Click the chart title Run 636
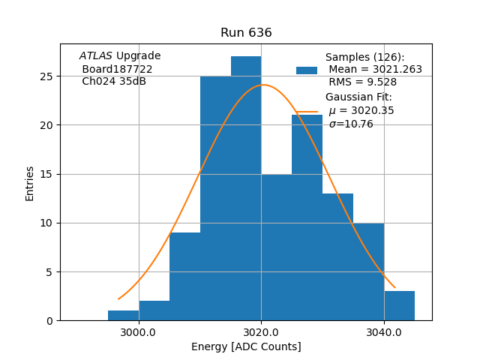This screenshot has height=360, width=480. pyautogui.click(x=246, y=33)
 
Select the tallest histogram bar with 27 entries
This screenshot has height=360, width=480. pyautogui.click(x=246, y=187)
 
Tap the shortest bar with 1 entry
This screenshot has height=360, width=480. pyautogui.click(x=123, y=316)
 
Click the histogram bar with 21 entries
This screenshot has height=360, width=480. pyautogui.click(x=307, y=217)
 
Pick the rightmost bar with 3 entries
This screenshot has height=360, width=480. pyautogui.click(x=399, y=306)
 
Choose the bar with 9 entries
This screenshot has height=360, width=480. pyautogui.click(x=184, y=276)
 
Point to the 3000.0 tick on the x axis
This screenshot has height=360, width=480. pyautogui.click(x=138, y=332)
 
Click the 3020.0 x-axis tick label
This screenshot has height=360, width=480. pyautogui.click(x=261, y=332)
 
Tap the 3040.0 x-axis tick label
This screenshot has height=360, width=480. pyautogui.click(x=383, y=332)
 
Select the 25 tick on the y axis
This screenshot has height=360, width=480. pyautogui.click(x=46, y=76)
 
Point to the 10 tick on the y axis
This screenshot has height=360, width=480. pyautogui.click(x=46, y=223)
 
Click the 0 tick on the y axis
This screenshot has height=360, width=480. pyautogui.click(x=49, y=321)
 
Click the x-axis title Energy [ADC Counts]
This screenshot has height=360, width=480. pyautogui.click(x=246, y=346)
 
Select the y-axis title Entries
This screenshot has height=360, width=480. pyautogui.click(x=30, y=184)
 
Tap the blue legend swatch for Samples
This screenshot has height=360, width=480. pyautogui.click(x=306, y=70)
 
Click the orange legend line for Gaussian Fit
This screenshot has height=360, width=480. pyautogui.click(x=306, y=111)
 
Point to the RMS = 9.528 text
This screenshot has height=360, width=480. pyautogui.click(x=363, y=82)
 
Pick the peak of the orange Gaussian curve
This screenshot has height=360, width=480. pyautogui.click(x=262, y=85)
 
